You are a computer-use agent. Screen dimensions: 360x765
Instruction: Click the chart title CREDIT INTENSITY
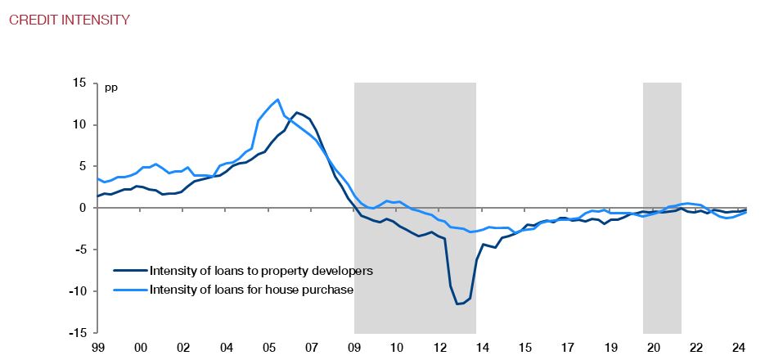[69, 20]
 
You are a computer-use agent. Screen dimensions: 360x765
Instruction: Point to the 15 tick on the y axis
[79, 83]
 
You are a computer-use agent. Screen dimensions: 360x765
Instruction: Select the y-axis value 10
[79, 125]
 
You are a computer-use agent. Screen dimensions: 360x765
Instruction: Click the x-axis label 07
[311, 347]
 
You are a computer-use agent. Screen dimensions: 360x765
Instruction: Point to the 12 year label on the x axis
[439, 347]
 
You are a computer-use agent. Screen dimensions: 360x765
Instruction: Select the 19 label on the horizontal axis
[610, 347]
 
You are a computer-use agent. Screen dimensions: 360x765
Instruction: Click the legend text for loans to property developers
[262, 270]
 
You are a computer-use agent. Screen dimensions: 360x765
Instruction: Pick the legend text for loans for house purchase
[251, 289]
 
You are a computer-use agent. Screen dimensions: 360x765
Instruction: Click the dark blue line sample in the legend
[130, 270]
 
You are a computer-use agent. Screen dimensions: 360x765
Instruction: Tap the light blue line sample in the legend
[130, 289]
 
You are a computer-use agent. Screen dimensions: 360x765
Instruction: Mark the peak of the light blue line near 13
[278, 100]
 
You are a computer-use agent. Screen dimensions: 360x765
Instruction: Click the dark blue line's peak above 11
[297, 113]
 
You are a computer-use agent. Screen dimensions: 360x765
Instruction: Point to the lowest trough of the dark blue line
[459, 304]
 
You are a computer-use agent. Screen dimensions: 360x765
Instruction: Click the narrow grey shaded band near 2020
[662, 205]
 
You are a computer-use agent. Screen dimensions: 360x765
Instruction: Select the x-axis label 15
[524, 347]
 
